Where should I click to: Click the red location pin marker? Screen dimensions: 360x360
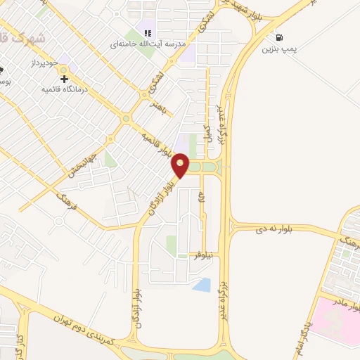pyautogui.click(x=181, y=166)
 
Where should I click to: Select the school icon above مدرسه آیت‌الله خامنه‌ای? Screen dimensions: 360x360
pyautogui.click(x=148, y=32)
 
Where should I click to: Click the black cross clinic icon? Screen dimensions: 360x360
pyautogui.click(x=65, y=79)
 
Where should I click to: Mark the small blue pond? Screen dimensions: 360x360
pyautogui.click(x=202, y=285)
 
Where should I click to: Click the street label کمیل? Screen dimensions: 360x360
pyautogui.click(x=207, y=131)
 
